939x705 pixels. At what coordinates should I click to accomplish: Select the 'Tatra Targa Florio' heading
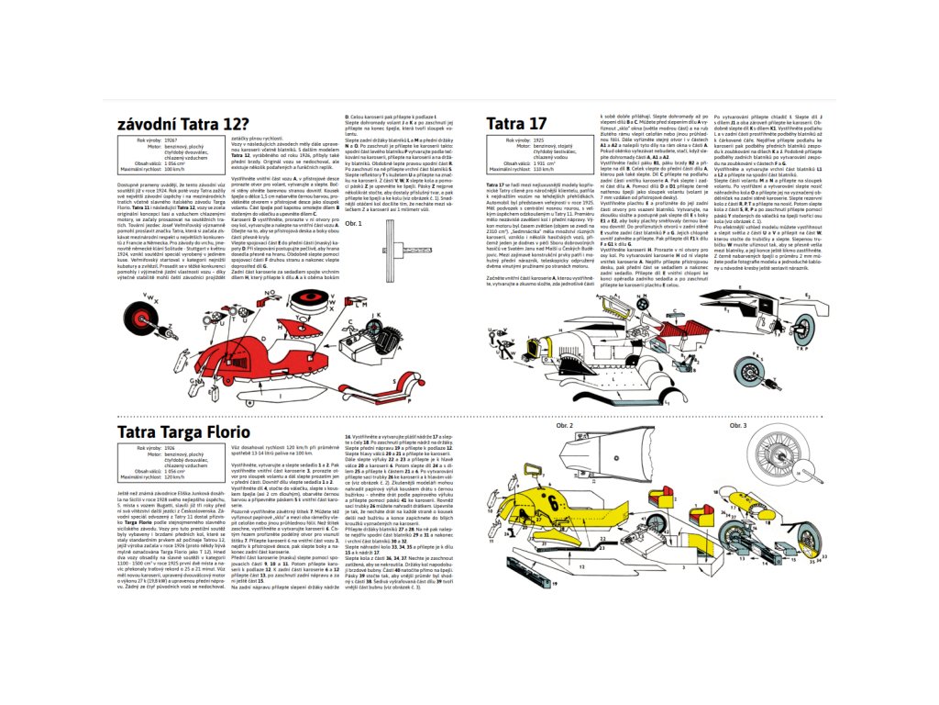pyautogui.click(x=183, y=431)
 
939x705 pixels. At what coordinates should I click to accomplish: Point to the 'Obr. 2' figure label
pyautogui.click(x=564, y=426)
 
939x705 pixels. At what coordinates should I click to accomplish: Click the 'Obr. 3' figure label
pyautogui.click(x=738, y=426)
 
